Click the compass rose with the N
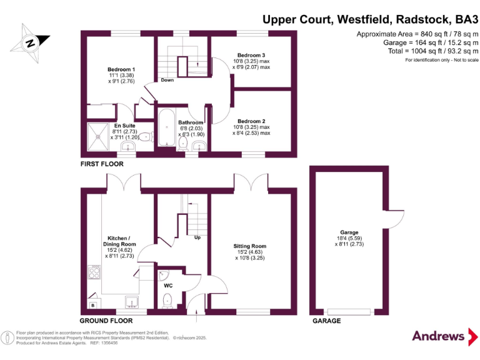[29, 42]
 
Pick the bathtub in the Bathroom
[167, 128]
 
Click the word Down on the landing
[167, 81]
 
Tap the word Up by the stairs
[197, 238]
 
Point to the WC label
[168, 286]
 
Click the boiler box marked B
[93, 305]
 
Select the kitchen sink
[131, 302]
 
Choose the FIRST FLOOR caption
[102, 164]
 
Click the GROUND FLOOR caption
[107, 321]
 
